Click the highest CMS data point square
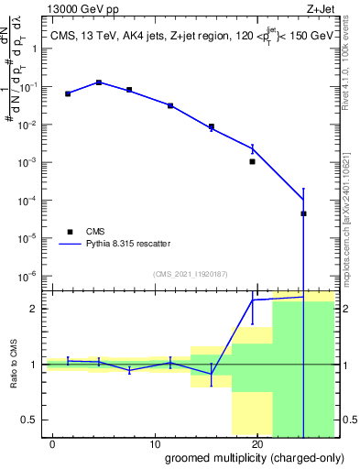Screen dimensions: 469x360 [x=99, y=82]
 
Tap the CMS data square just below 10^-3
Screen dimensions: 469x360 [x=252, y=161]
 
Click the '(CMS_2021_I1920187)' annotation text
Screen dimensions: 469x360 [x=190, y=273]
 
